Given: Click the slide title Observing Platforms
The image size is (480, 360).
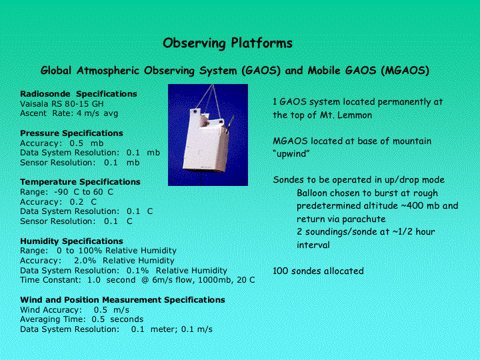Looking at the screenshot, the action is [227, 43].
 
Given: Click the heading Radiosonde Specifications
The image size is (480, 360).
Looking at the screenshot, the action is [79, 94].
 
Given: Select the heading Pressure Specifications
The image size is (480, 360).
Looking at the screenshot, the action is [71, 133].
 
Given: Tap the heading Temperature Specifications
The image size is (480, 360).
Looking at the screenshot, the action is [80, 182].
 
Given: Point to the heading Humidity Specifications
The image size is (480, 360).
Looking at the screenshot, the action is [71, 241].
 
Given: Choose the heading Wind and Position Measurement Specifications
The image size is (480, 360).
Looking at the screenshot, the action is [123, 300].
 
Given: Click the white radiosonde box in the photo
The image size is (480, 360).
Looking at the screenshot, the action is [206, 141].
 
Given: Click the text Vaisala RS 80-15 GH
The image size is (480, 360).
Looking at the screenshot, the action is [61, 104].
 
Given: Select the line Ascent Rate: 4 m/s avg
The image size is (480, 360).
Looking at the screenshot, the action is [69, 113].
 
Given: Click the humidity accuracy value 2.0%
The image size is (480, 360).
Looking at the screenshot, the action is [85, 261].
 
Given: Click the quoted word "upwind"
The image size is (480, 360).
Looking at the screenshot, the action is [291, 154].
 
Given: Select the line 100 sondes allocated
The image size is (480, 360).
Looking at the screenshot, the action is [318, 271].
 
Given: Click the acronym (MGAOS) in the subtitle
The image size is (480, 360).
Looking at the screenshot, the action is [405, 71].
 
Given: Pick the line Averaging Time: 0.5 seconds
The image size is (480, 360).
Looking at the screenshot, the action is [82, 319].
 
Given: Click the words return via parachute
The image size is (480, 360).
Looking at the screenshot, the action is [341, 219].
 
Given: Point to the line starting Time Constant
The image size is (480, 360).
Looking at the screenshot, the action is [137, 280].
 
